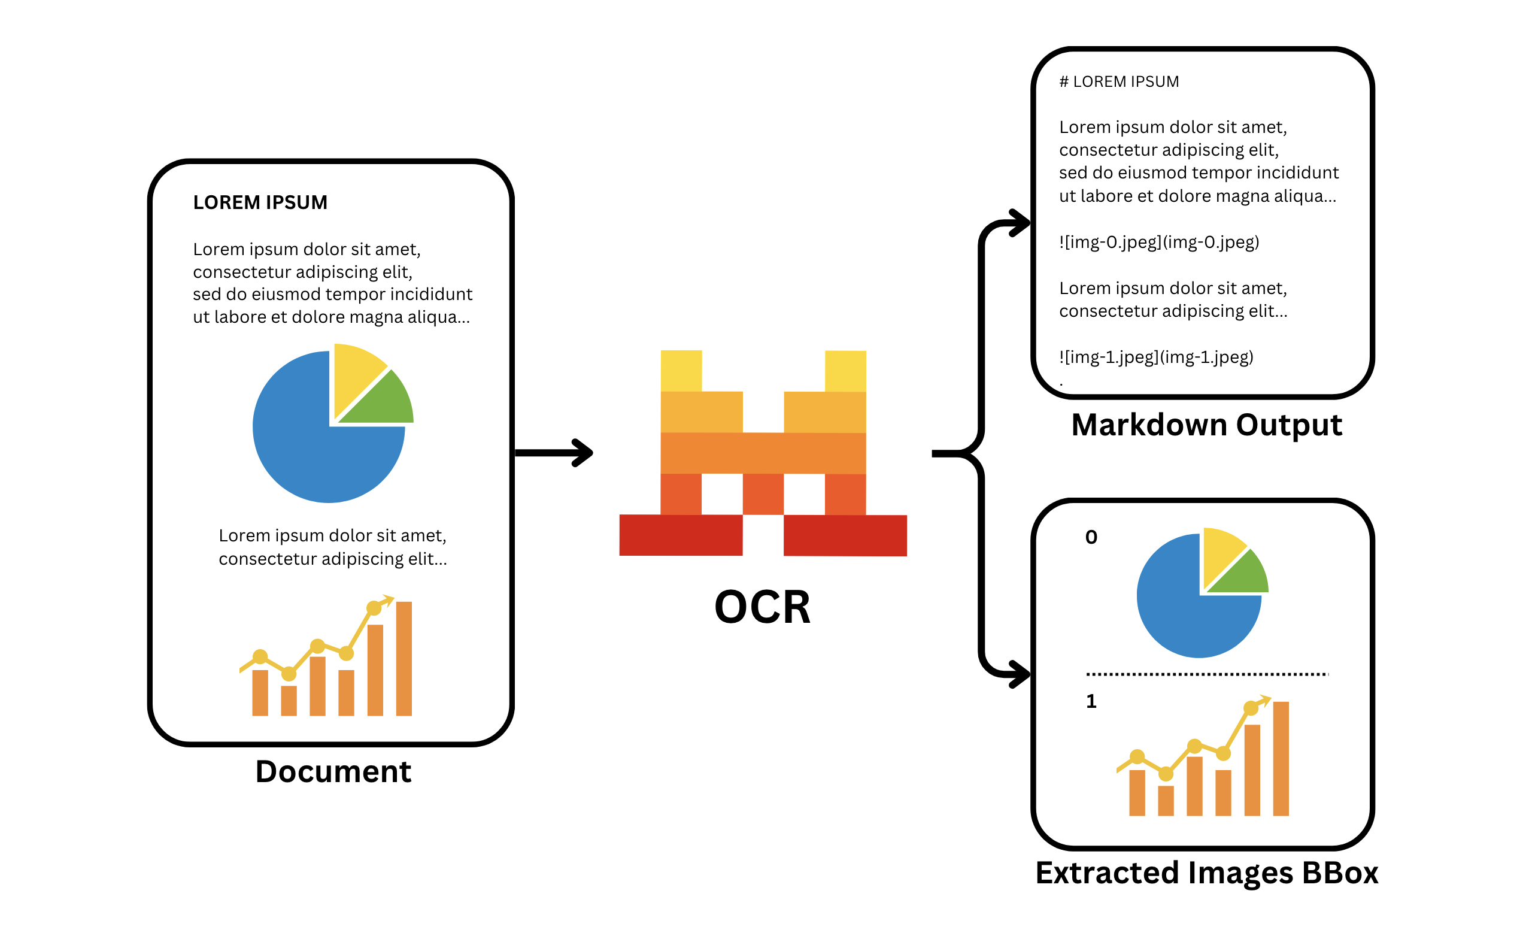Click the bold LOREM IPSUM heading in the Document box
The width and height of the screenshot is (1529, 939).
(x=260, y=202)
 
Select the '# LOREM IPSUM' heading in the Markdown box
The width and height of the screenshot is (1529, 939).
(x=1119, y=82)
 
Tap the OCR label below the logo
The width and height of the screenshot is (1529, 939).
(x=762, y=607)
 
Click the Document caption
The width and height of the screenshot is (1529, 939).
(x=333, y=772)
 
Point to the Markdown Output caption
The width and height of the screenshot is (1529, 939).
(x=1206, y=425)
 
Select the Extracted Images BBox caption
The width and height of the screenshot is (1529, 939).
(x=1206, y=873)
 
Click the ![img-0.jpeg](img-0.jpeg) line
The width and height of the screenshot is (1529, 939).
(x=1158, y=242)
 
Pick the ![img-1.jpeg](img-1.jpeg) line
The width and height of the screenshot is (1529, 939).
(x=1156, y=357)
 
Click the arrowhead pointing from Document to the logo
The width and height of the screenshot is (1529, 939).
(x=584, y=453)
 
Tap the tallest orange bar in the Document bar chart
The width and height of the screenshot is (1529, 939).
(x=404, y=658)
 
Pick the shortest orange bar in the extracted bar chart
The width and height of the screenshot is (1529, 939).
(x=1166, y=801)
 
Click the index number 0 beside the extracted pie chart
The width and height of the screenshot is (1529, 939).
(x=1091, y=537)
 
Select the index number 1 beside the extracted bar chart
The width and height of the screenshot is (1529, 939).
(x=1091, y=702)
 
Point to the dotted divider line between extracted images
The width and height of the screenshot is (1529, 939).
(x=1206, y=674)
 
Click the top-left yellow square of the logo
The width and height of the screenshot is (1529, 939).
(x=681, y=371)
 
